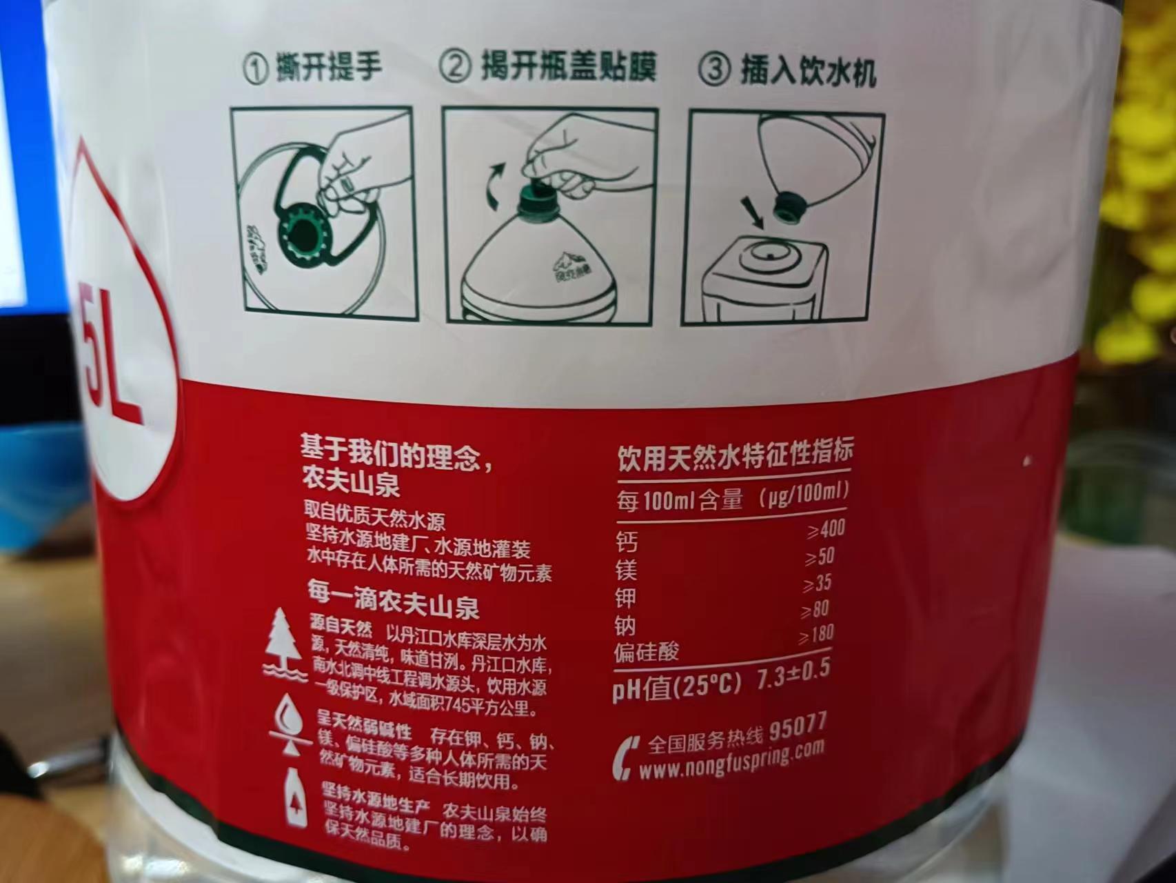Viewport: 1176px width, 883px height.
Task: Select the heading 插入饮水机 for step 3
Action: click(808, 70)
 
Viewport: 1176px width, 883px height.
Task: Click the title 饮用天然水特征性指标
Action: click(735, 456)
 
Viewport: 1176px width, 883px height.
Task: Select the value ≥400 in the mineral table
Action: click(825, 530)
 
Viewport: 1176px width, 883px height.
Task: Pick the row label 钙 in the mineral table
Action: click(627, 543)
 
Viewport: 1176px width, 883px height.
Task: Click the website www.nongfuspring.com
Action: click(731, 760)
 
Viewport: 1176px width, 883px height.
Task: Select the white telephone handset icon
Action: click(623, 757)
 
